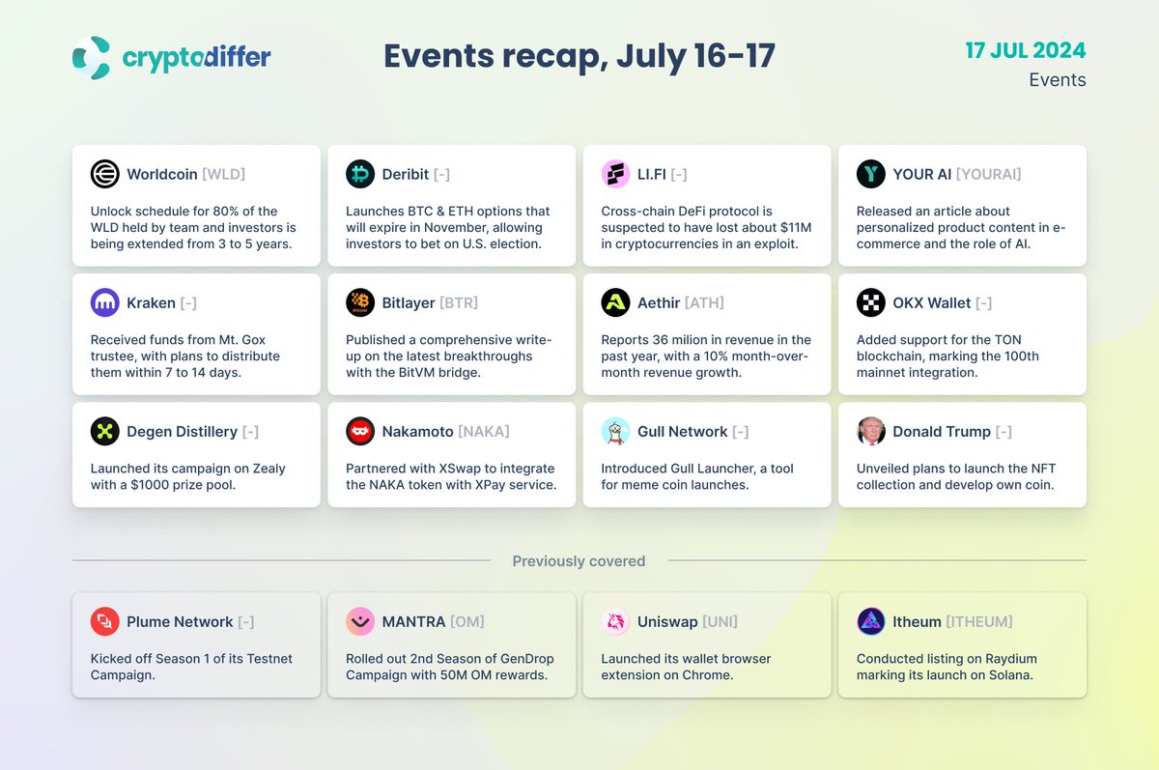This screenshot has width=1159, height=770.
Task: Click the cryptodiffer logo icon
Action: tap(92, 58)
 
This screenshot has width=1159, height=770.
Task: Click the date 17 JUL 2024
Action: tap(1025, 49)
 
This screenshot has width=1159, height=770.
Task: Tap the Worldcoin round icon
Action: tap(104, 174)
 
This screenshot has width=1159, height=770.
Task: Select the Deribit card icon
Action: tap(360, 174)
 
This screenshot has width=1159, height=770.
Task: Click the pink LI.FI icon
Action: tap(615, 174)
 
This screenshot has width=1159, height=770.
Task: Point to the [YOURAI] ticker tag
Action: tap(988, 174)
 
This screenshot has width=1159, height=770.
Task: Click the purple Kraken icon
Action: tap(104, 302)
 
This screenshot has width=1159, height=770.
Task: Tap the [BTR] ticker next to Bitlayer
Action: tap(459, 302)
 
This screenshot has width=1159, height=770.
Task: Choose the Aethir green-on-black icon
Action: tap(615, 302)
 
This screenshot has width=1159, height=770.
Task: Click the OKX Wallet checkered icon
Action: tap(870, 302)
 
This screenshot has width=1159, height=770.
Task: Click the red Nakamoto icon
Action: tap(360, 431)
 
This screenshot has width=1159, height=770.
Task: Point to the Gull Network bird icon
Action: tap(615, 431)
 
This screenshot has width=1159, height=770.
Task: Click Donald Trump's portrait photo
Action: tap(870, 431)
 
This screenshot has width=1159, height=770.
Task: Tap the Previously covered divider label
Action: tap(579, 561)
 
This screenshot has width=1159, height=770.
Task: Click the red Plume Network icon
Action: tap(104, 621)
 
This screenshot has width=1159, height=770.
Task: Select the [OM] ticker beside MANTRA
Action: tap(467, 621)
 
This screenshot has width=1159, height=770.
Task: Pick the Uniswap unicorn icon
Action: tap(615, 621)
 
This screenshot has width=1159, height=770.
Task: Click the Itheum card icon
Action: tap(870, 621)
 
